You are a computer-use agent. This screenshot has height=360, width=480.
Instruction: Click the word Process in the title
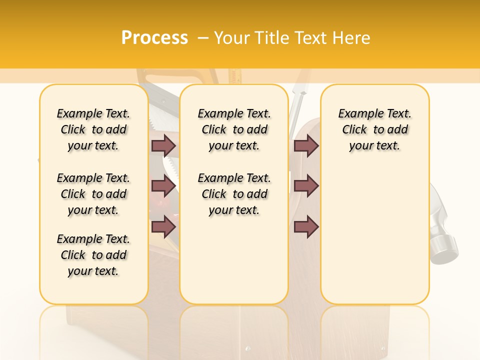tap(154, 37)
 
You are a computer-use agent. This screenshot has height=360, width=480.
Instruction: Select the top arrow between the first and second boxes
tap(163, 145)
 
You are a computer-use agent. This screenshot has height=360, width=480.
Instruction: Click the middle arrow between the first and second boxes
tap(163, 186)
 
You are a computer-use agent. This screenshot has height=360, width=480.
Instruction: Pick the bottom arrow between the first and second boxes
tap(163, 226)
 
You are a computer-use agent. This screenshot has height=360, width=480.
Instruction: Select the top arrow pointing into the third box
tap(306, 145)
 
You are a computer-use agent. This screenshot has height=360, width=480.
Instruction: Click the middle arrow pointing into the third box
tap(306, 186)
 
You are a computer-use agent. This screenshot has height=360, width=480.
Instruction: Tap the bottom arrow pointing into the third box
tap(306, 226)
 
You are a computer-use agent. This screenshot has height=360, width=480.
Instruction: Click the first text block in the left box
tap(93, 129)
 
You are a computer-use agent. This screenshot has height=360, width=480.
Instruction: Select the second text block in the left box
tap(93, 194)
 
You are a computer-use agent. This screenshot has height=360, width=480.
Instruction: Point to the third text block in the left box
tap(93, 255)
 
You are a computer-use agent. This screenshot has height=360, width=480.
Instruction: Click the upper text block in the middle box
tap(234, 129)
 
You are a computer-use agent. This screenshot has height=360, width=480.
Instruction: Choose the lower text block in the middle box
tap(234, 194)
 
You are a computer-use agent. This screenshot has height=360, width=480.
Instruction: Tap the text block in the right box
tap(375, 129)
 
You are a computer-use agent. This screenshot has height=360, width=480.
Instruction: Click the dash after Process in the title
tap(202, 38)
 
